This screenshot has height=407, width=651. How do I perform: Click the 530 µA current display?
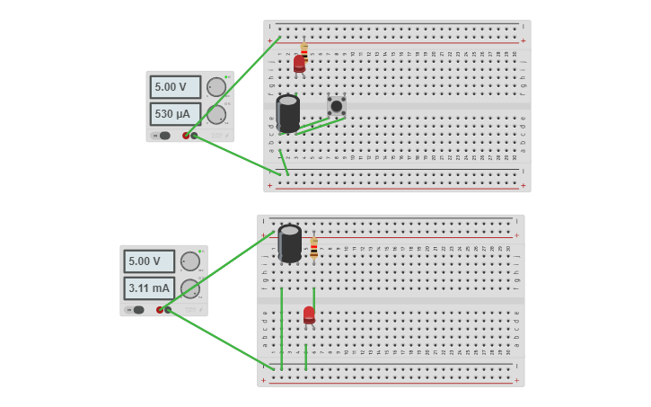(x=175, y=114)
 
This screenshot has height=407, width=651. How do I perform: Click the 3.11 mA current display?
(x=149, y=288)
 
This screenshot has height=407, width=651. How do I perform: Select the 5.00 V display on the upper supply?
(x=175, y=87)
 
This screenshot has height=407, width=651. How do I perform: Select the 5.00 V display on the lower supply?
(x=149, y=261)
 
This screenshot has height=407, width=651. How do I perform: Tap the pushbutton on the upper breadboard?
(x=336, y=106)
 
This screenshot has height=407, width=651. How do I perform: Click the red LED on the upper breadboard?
(x=299, y=64)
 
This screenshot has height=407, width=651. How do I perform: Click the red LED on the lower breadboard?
(x=309, y=314)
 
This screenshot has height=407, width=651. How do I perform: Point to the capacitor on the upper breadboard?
(x=287, y=113)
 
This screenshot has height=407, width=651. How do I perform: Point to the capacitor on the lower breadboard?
(x=289, y=243)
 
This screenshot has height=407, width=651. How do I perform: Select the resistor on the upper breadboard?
(x=304, y=51)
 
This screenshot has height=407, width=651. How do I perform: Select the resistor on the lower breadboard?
(x=314, y=248)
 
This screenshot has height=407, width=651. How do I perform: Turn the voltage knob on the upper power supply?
(x=216, y=87)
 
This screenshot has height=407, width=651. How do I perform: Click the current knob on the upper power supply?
(x=216, y=114)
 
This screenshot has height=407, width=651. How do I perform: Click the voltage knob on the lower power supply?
(x=190, y=261)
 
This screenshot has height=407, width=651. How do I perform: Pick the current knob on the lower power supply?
(x=190, y=288)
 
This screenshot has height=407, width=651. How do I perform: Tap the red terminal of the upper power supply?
(x=186, y=136)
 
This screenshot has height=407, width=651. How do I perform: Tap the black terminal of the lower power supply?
(x=168, y=310)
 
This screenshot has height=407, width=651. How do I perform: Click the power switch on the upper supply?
(x=163, y=136)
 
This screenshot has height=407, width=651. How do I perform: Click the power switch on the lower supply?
(x=137, y=310)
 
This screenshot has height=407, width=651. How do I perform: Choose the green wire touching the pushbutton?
(x=322, y=125)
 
